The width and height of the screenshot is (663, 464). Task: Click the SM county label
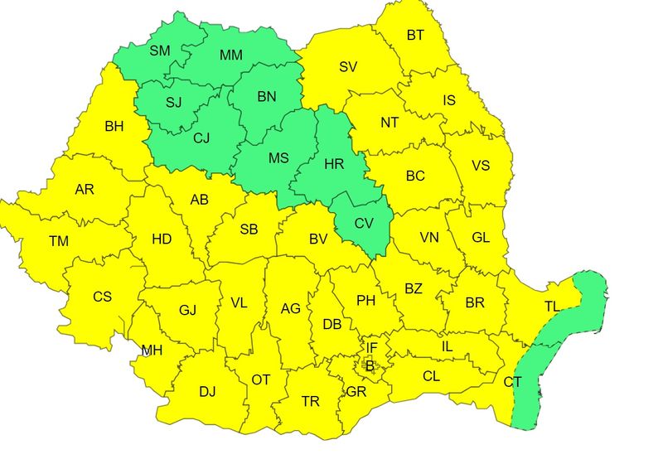(x=160, y=51)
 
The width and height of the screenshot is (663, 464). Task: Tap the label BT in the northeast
(x=414, y=36)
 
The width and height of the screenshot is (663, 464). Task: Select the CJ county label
(x=201, y=138)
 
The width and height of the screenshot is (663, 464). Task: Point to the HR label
(x=334, y=165)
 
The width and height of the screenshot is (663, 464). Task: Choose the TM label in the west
(x=59, y=241)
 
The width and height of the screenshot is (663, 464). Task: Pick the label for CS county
(x=102, y=297)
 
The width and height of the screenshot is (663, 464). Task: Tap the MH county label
(x=152, y=350)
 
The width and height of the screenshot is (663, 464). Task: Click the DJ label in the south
(x=207, y=391)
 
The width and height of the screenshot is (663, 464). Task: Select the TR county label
(x=311, y=402)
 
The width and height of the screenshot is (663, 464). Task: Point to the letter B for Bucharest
(x=370, y=365)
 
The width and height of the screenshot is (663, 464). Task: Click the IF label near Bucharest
(x=372, y=348)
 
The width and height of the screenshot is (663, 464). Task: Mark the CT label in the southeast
(x=513, y=382)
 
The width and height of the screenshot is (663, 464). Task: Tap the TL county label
(x=553, y=307)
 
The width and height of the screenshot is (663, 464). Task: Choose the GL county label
(x=481, y=237)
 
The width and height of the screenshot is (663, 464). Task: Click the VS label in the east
(x=481, y=166)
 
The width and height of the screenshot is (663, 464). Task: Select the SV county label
(x=348, y=67)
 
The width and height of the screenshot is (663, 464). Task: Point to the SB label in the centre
(x=248, y=230)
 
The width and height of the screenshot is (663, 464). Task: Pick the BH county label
(x=114, y=127)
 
